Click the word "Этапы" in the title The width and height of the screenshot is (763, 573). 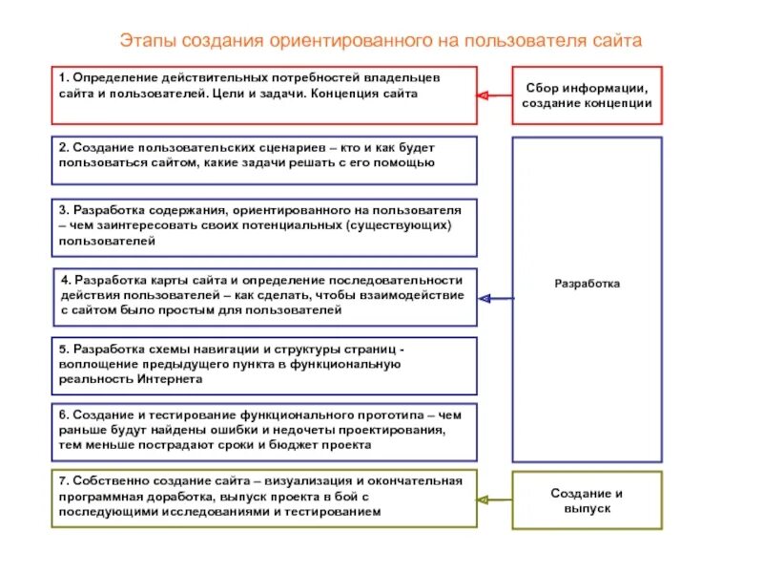[x=144, y=41]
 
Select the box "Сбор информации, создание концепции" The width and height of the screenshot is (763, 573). [x=588, y=95]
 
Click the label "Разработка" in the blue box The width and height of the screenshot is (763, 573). [x=588, y=284]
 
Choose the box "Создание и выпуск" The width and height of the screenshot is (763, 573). [x=588, y=500]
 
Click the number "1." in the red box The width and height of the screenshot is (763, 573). [x=63, y=76]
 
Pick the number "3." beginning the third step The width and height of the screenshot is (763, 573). [x=63, y=209]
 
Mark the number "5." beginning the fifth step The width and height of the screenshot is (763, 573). [x=63, y=349]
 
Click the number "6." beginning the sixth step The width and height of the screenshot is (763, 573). [x=63, y=415]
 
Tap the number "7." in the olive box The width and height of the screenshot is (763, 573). [x=63, y=481]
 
